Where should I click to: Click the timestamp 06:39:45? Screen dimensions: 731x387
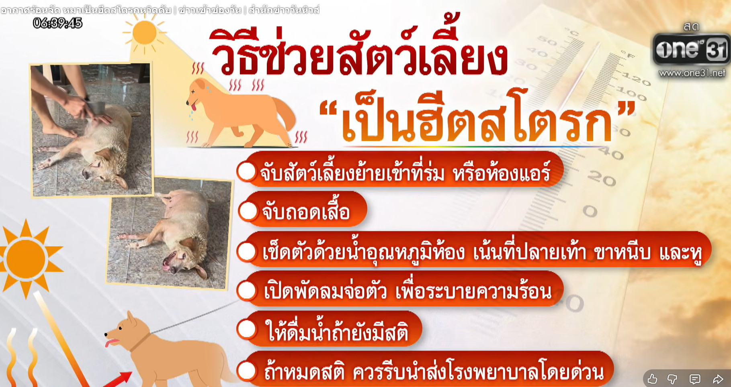coord(57,23)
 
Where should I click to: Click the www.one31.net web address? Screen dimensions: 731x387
coord(692,73)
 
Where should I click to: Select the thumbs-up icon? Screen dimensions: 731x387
coord(652,379)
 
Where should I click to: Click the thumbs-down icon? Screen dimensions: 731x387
coord(672,379)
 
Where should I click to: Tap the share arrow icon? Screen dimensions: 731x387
coord(718,379)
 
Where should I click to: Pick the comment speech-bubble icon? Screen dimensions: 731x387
coord(695,379)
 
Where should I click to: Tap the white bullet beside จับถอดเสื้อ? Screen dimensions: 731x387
coord(248,211)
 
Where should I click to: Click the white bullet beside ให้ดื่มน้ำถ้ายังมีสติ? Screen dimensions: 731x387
coord(247,330)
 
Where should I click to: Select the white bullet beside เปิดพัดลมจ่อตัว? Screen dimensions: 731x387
coord(247,290)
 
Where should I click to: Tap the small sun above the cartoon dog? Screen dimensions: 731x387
coord(144,32)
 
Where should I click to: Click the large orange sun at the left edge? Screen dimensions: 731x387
coord(27,259)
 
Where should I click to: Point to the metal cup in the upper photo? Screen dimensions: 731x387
coord(97,109)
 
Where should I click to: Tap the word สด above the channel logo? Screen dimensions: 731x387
coord(691,26)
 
